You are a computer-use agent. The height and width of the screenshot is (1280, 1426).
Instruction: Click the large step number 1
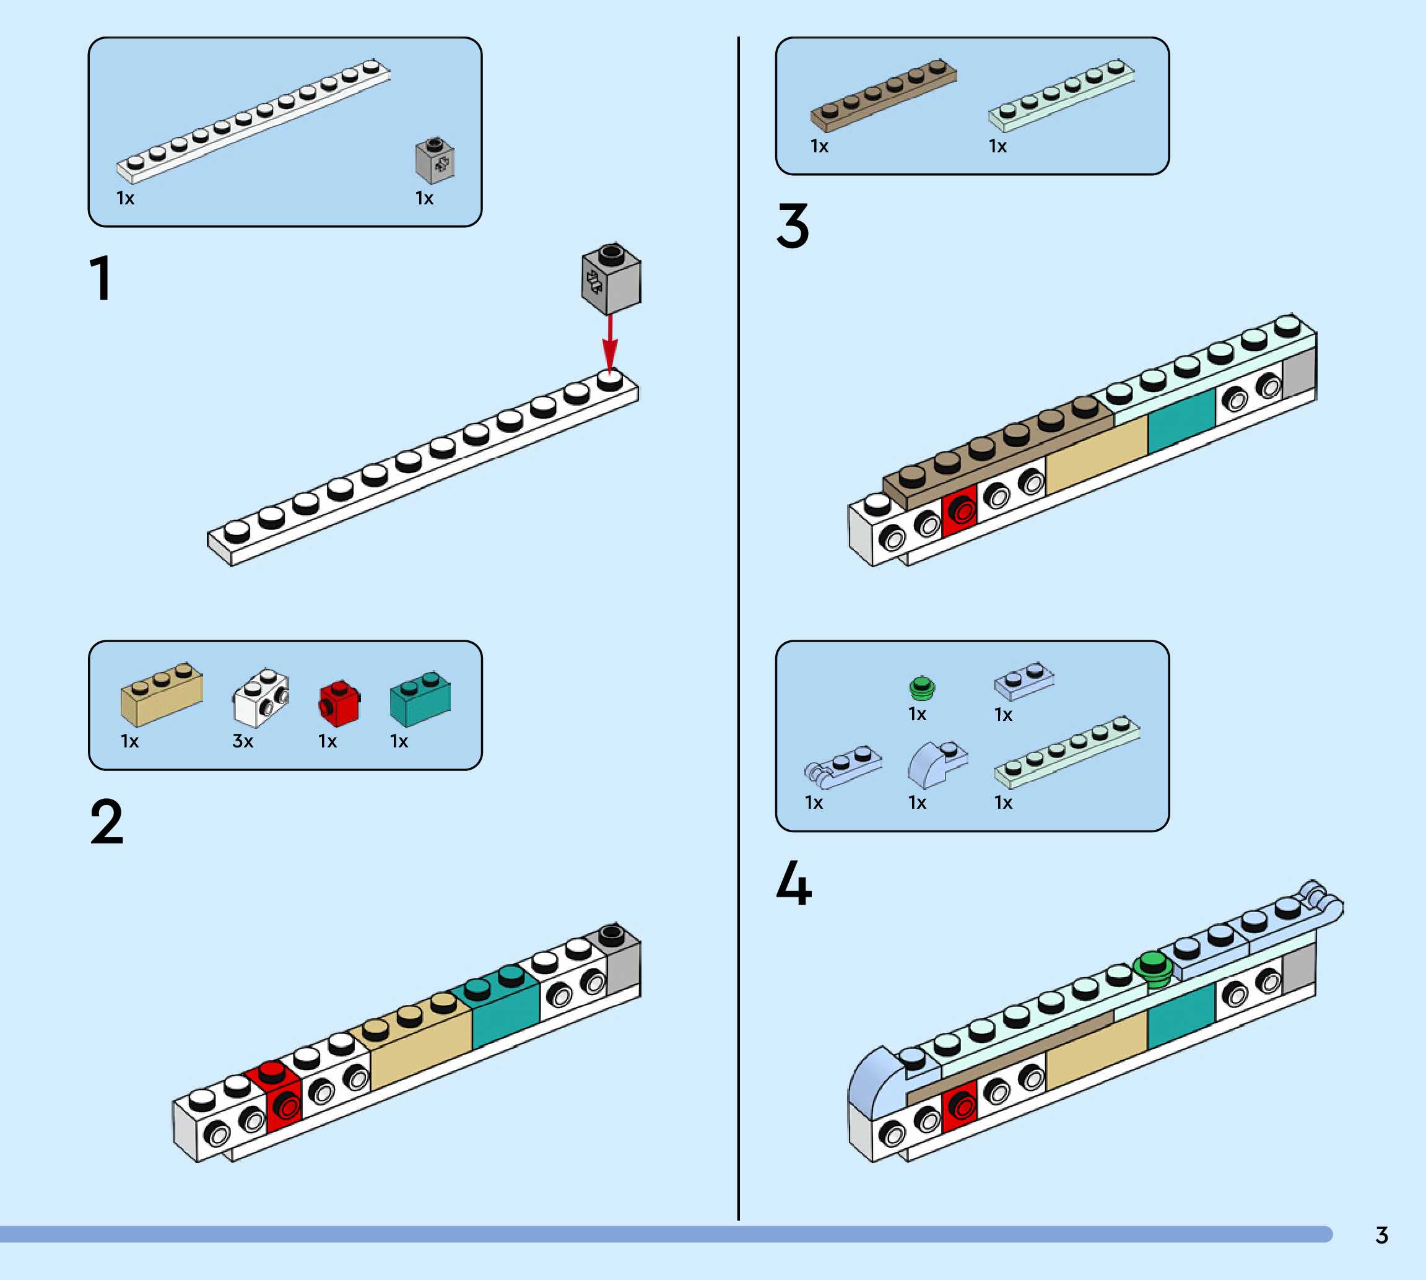tap(100, 279)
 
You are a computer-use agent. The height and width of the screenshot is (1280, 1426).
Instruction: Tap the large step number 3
tap(793, 226)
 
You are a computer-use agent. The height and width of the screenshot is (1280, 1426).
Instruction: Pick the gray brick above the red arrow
tap(611, 279)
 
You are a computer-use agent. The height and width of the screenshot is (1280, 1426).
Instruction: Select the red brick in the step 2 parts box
tap(339, 704)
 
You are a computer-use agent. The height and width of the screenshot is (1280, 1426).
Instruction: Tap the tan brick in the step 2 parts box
tap(162, 695)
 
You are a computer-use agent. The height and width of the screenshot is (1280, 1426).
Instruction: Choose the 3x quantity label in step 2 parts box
tap(243, 741)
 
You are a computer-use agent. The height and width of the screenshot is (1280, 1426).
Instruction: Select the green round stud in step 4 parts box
tap(922, 688)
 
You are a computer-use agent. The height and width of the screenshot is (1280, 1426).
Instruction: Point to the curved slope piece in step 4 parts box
tap(935, 765)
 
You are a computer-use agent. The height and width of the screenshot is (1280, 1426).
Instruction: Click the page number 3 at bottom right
tap(1381, 1235)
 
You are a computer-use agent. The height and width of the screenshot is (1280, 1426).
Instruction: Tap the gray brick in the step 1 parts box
tap(435, 160)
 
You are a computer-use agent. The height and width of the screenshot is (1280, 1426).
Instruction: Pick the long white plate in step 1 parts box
tap(253, 121)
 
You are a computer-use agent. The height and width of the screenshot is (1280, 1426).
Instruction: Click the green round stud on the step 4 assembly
tap(1152, 967)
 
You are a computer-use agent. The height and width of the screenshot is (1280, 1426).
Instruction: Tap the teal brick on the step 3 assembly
tap(1181, 421)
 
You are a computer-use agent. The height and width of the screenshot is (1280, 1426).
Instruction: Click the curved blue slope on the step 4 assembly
tap(872, 1076)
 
